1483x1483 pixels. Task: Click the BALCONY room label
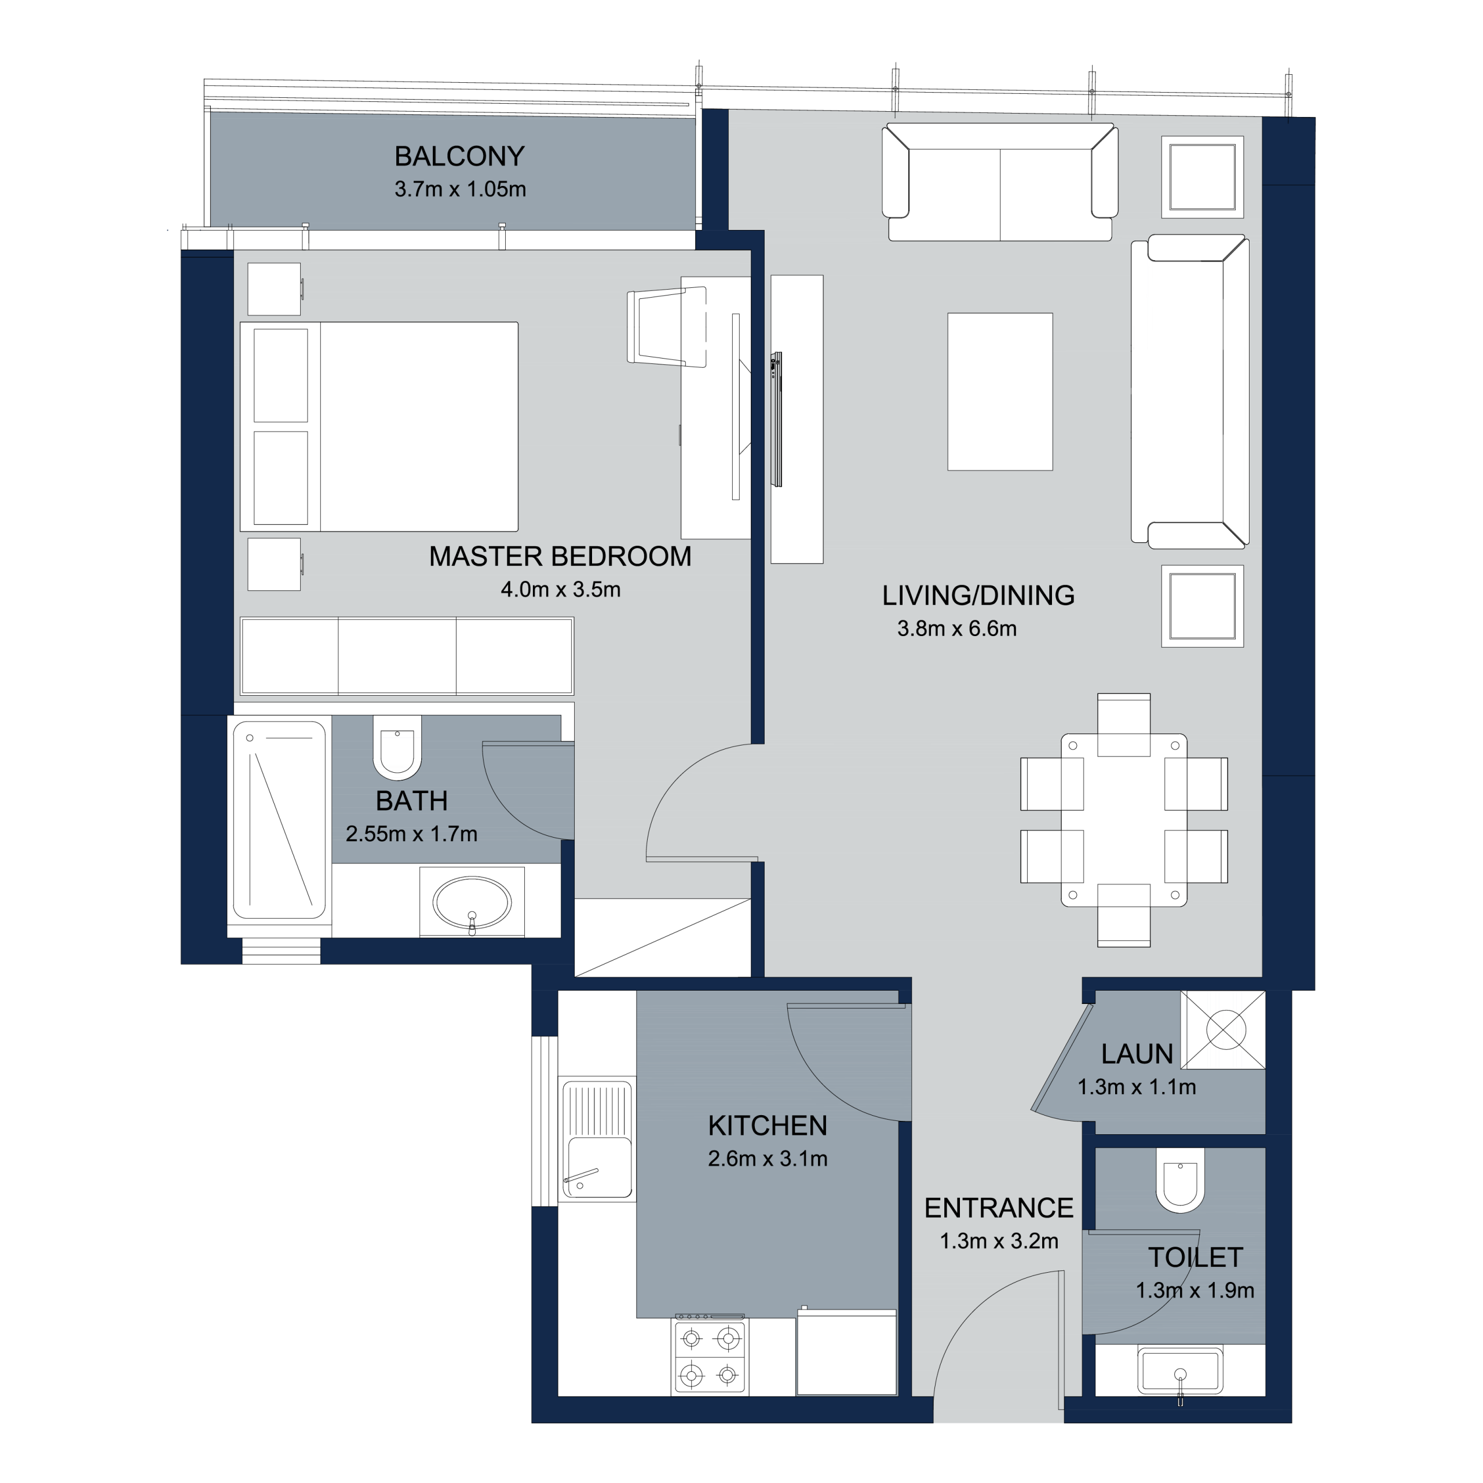[459, 156]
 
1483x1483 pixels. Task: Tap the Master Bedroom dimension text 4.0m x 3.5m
[560, 590]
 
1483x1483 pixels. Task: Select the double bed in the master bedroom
[379, 427]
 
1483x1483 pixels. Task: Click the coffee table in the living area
[999, 392]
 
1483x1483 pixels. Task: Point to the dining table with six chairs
[1124, 820]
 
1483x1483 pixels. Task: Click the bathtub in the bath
[279, 820]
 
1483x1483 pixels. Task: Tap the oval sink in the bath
[472, 903]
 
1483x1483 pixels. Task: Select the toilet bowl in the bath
[397, 748]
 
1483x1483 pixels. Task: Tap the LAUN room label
[1137, 1054]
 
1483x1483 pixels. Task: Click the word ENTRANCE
[999, 1208]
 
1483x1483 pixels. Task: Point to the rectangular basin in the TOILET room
[1180, 1370]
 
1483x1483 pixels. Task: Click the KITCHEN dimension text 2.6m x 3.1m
[768, 1159]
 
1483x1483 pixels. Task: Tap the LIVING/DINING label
[978, 596]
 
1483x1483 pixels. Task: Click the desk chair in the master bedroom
[666, 327]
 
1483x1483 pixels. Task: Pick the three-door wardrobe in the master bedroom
[407, 656]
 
